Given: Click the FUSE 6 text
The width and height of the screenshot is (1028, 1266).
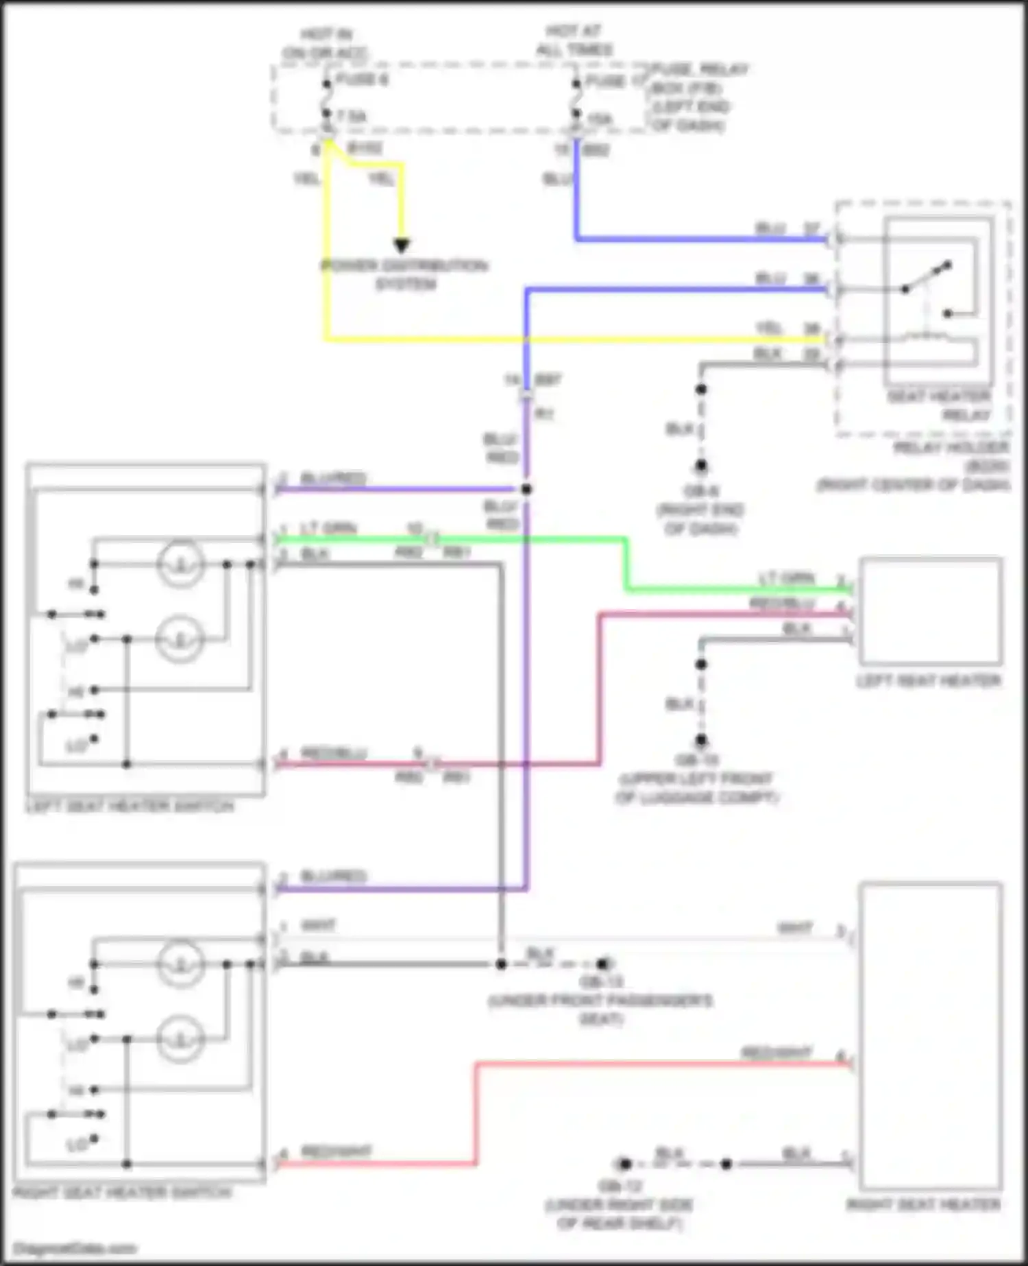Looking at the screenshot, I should (x=363, y=80).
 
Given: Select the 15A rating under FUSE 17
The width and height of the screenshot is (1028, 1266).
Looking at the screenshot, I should (x=600, y=119).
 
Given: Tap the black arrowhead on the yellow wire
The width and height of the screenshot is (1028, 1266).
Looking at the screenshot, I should (x=402, y=246).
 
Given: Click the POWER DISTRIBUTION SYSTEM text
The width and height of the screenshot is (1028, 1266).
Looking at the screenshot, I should (x=405, y=274).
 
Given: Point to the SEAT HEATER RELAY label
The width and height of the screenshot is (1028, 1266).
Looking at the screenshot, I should (x=940, y=405).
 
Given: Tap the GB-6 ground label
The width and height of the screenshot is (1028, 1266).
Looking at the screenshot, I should (x=700, y=492).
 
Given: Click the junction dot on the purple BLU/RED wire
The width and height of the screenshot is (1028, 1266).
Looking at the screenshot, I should (x=526, y=490).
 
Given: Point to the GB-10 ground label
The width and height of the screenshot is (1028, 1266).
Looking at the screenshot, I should (x=697, y=760).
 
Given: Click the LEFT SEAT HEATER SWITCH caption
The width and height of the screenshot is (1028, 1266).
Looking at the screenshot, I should (x=130, y=807).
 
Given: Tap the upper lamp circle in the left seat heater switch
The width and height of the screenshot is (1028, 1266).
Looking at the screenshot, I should (x=180, y=564).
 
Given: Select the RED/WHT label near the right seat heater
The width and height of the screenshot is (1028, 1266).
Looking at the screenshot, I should (x=776, y=1053).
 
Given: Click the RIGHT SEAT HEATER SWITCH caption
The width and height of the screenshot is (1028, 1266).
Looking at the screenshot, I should (x=123, y=1193).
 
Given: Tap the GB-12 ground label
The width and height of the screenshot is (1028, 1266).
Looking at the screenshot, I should (x=620, y=1186).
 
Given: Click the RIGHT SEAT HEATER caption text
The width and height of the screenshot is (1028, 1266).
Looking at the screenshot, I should (x=924, y=1205).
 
